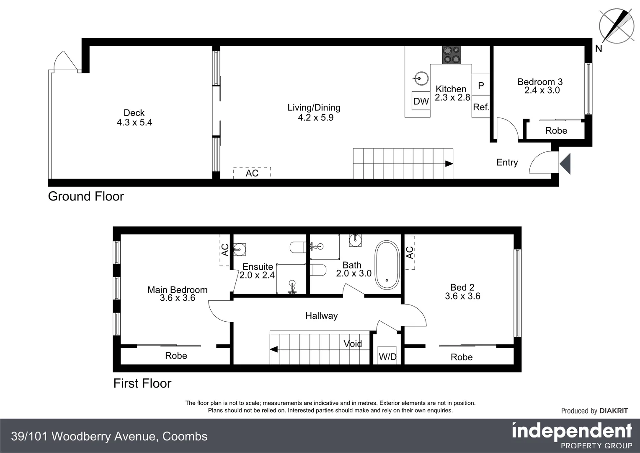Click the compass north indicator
pyautogui.click(x=616, y=26)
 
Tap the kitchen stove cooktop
pyautogui.click(x=451, y=55)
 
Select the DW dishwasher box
pyautogui.click(x=421, y=101)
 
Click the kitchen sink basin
pyautogui.click(x=421, y=78)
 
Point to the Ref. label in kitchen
pyautogui.click(x=481, y=107)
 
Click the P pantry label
pyautogui.click(x=481, y=86)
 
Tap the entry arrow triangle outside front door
pyautogui.click(x=565, y=164)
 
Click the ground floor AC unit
pyautogui.click(x=252, y=173)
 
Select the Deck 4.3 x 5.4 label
pyautogui.click(x=134, y=118)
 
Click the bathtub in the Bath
pyautogui.click(x=387, y=265)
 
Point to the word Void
pyautogui.click(x=353, y=344)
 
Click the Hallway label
pyautogui.click(x=321, y=316)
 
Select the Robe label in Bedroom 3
pyautogui.click(x=556, y=131)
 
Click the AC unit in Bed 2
pyautogui.click(x=409, y=253)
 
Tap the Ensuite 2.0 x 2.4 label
pyautogui.click(x=257, y=271)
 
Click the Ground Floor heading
pyautogui.click(x=86, y=196)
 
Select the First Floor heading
pyautogui.click(x=142, y=383)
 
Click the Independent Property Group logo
pyautogui.click(x=572, y=435)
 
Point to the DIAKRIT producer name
pyautogui.click(x=614, y=411)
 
